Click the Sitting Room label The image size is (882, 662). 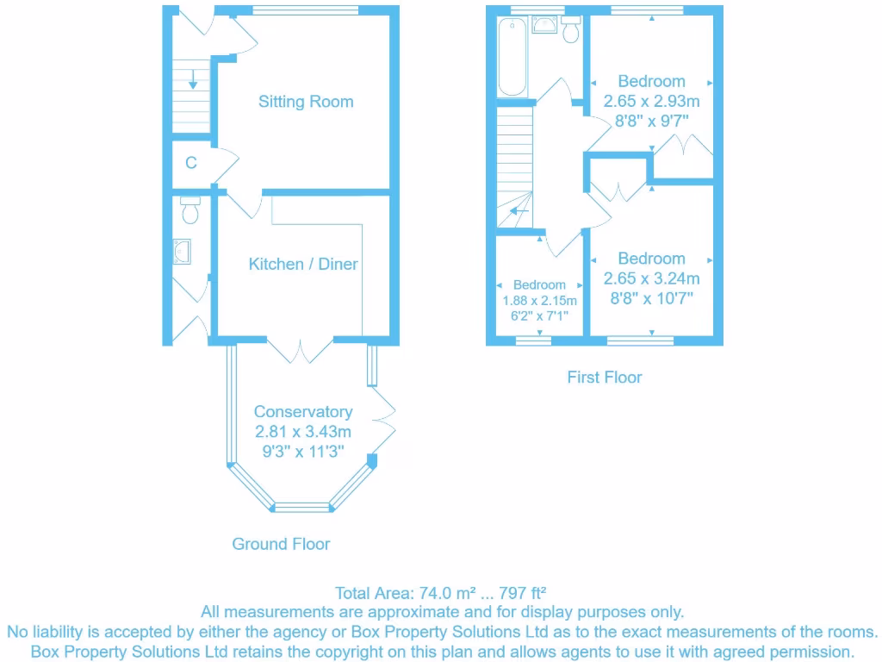306,102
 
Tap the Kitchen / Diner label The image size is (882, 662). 303,264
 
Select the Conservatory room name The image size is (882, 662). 302,412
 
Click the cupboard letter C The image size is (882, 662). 191,163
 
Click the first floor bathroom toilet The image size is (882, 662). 570,29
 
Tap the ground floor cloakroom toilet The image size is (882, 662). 191,209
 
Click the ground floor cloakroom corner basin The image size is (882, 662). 183,251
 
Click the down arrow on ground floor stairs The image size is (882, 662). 193,80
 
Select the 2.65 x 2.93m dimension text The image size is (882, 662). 651,101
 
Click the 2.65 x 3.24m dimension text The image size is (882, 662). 651,278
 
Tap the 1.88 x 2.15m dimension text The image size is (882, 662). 539,301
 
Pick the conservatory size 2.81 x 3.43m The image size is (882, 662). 302,431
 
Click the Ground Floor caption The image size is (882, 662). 281,544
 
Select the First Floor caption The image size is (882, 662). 604,377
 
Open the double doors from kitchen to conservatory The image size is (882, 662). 300,349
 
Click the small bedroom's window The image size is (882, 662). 533,340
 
